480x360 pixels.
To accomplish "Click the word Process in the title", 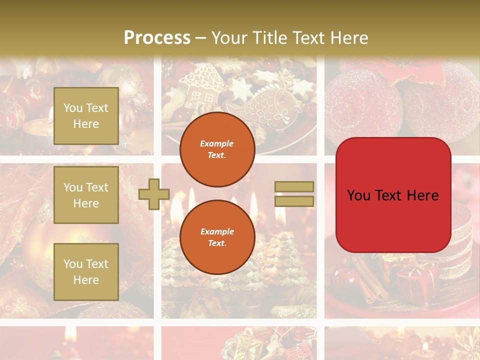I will [157, 38].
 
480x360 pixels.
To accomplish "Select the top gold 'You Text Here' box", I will [86, 116].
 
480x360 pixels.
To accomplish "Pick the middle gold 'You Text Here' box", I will [86, 195].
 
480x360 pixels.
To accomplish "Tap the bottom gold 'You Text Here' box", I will [86, 271].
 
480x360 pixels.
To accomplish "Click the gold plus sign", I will [154, 194].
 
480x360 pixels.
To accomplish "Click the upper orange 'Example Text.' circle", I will [217, 149].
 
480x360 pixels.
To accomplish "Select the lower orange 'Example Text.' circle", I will [217, 237].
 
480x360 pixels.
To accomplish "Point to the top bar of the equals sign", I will [294, 186].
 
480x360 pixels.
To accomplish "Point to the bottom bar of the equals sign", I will [294, 201].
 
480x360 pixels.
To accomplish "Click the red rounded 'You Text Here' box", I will [393, 195].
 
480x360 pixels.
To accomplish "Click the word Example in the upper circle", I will [217, 143].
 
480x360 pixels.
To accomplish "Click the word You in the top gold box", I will [73, 108].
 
